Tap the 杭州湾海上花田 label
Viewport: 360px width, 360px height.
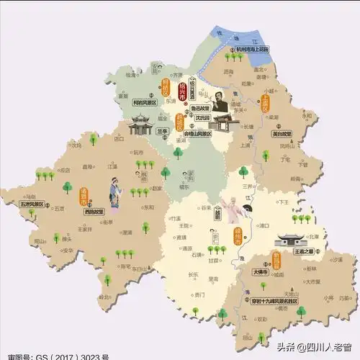[x=264, y=50]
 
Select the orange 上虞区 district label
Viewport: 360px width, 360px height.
[x=265, y=102]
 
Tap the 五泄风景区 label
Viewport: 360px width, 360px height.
[x=32, y=203]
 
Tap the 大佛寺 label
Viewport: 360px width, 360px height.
[x=260, y=273]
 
